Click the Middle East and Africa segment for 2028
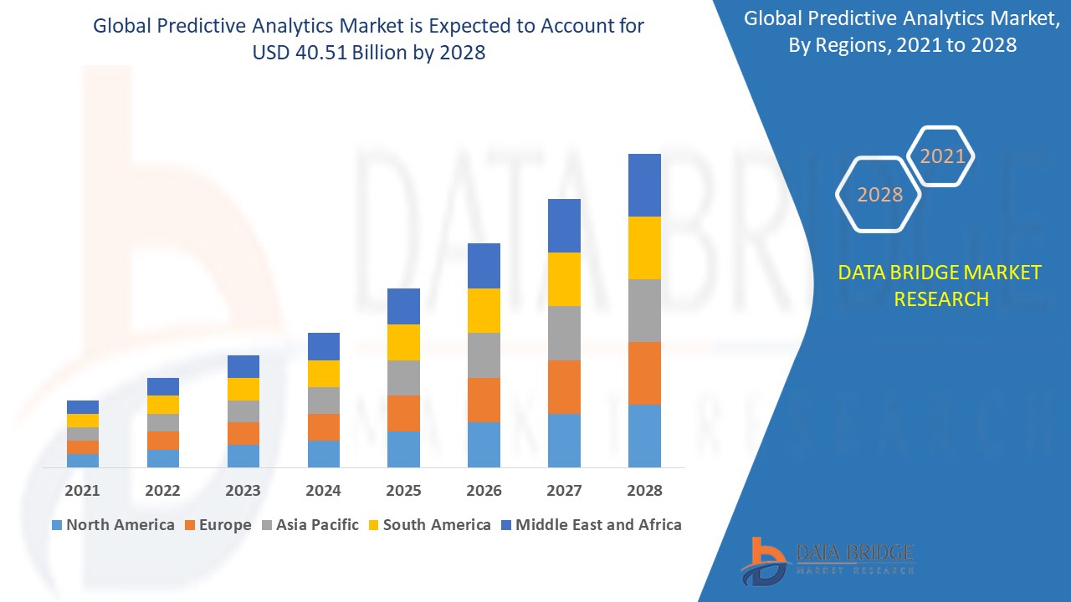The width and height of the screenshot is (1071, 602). pyautogui.click(x=644, y=185)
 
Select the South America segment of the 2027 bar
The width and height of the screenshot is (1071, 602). pyautogui.click(x=564, y=279)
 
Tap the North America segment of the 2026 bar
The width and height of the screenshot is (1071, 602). pyautogui.click(x=484, y=444)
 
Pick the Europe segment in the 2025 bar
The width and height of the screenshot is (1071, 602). pyautogui.click(x=403, y=413)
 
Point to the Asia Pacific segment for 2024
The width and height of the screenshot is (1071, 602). pyautogui.click(x=324, y=400)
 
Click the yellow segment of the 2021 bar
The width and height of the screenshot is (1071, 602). pyautogui.click(x=83, y=421)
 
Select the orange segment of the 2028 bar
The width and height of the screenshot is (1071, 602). pyautogui.click(x=644, y=373)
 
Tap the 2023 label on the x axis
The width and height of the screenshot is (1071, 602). pyautogui.click(x=243, y=491)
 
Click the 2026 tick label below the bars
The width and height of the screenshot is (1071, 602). pyautogui.click(x=484, y=491)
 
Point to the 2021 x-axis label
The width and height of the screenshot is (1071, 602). pyautogui.click(x=83, y=491)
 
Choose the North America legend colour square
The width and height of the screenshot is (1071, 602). pyautogui.click(x=57, y=525)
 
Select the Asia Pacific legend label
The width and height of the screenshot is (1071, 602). pyautogui.click(x=317, y=525)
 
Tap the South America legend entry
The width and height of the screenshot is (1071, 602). pyautogui.click(x=437, y=525)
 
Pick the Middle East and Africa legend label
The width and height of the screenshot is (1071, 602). pyautogui.click(x=598, y=525)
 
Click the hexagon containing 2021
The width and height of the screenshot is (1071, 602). pyautogui.click(x=942, y=156)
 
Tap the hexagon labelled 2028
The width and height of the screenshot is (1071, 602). pyautogui.click(x=879, y=195)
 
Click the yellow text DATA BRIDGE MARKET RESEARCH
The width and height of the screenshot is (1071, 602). pyautogui.click(x=940, y=285)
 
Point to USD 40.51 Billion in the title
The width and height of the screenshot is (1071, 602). pyautogui.click(x=369, y=52)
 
